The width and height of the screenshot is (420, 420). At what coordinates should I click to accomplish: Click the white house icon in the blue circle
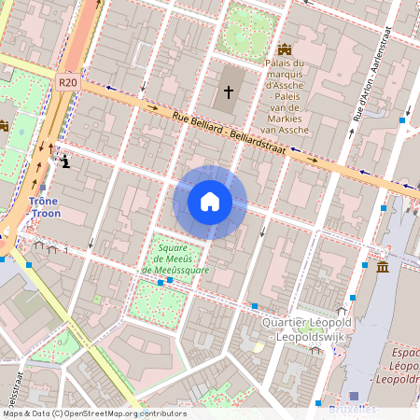tap(210, 202)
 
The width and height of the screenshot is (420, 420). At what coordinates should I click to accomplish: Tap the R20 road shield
tap(66, 82)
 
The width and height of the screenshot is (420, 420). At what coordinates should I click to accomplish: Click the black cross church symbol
tap(229, 91)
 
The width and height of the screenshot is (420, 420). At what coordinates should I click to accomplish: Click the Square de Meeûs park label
tap(175, 259)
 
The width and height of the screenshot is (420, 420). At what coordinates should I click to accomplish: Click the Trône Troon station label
tap(44, 207)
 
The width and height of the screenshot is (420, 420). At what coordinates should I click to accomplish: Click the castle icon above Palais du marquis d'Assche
tap(284, 49)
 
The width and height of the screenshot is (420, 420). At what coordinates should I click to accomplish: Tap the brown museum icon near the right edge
tap(383, 268)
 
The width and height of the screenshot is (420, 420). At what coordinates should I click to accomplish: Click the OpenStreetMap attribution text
tap(94, 413)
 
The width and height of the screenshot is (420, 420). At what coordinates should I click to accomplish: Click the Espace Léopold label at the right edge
tap(404, 366)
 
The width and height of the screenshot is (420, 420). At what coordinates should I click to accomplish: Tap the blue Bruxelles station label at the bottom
tap(354, 409)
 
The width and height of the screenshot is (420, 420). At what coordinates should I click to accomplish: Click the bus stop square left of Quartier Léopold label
tap(254, 306)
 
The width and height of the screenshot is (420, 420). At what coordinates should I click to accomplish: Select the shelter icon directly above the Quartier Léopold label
tap(342, 309)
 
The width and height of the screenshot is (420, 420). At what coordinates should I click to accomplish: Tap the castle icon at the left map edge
tap(3, 125)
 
